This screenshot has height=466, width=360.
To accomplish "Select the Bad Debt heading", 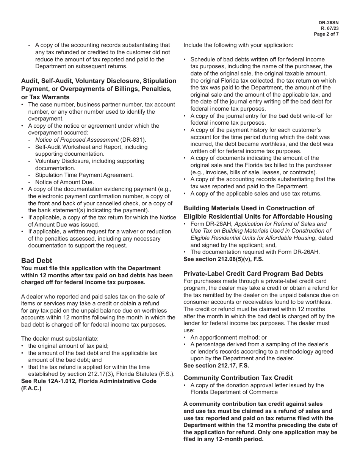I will coord(36,261).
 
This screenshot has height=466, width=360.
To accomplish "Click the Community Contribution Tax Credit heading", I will coord(238,378).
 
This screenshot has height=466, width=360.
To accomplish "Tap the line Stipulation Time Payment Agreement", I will coord(84,175).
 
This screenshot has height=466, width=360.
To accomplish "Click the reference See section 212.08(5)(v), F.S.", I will coord(223,259).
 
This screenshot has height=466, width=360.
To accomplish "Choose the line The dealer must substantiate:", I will coord(54,339).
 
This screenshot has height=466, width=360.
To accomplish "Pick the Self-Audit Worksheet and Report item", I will coord(91,147).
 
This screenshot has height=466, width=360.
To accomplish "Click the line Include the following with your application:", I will coord(238,45).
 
